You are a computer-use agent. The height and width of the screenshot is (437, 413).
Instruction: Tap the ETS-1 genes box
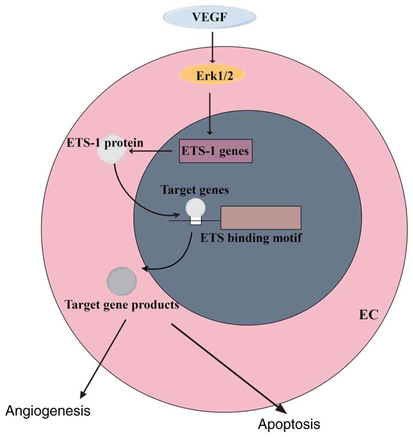pyautogui.click(x=215, y=151)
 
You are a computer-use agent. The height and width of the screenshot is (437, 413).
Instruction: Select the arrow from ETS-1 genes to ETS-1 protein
pyautogui.click(x=153, y=151)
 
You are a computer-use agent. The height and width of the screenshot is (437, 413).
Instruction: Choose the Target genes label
pyautogui.click(x=194, y=190)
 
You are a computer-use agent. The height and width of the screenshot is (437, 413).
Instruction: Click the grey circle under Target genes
pyautogui.click(x=196, y=208)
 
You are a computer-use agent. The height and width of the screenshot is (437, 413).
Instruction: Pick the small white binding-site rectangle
pyautogui.click(x=196, y=220)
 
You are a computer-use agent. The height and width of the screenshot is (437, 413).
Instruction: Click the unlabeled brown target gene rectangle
pyautogui.click(x=261, y=217)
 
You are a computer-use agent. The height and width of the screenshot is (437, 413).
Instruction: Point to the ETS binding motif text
pyautogui.click(x=251, y=238)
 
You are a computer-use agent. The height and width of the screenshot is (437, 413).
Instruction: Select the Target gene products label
pyautogui.click(x=121, y=305)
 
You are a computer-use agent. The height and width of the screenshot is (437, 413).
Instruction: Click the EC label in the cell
pyautogui.click(x=369, y=315)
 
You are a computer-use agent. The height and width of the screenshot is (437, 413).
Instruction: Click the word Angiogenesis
pyautogui.click(x=48, y=411)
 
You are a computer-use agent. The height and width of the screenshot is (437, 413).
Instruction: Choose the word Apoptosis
pyautogui.click(x=289, y=424)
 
